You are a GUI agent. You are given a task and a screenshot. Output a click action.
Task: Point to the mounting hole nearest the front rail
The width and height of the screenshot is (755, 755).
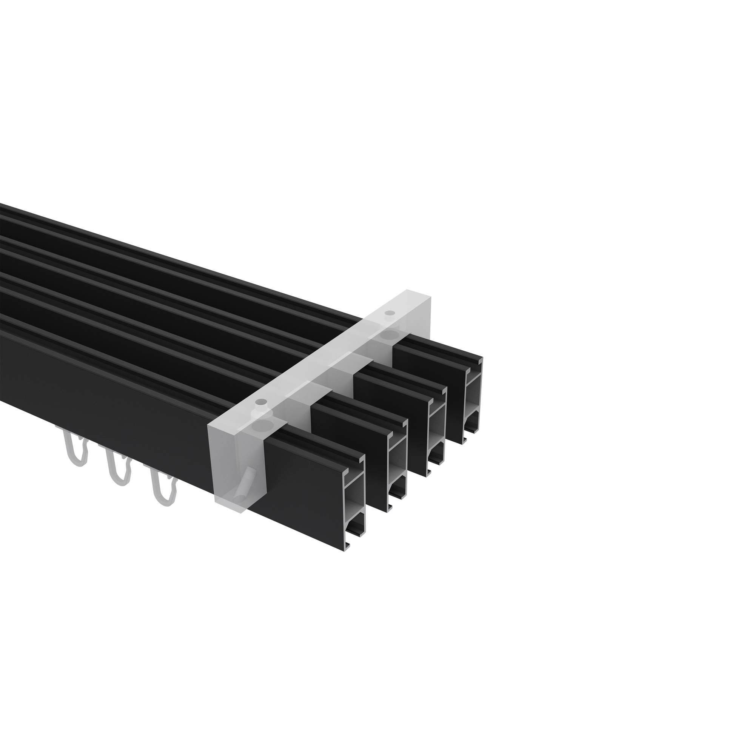coord(259,402)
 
